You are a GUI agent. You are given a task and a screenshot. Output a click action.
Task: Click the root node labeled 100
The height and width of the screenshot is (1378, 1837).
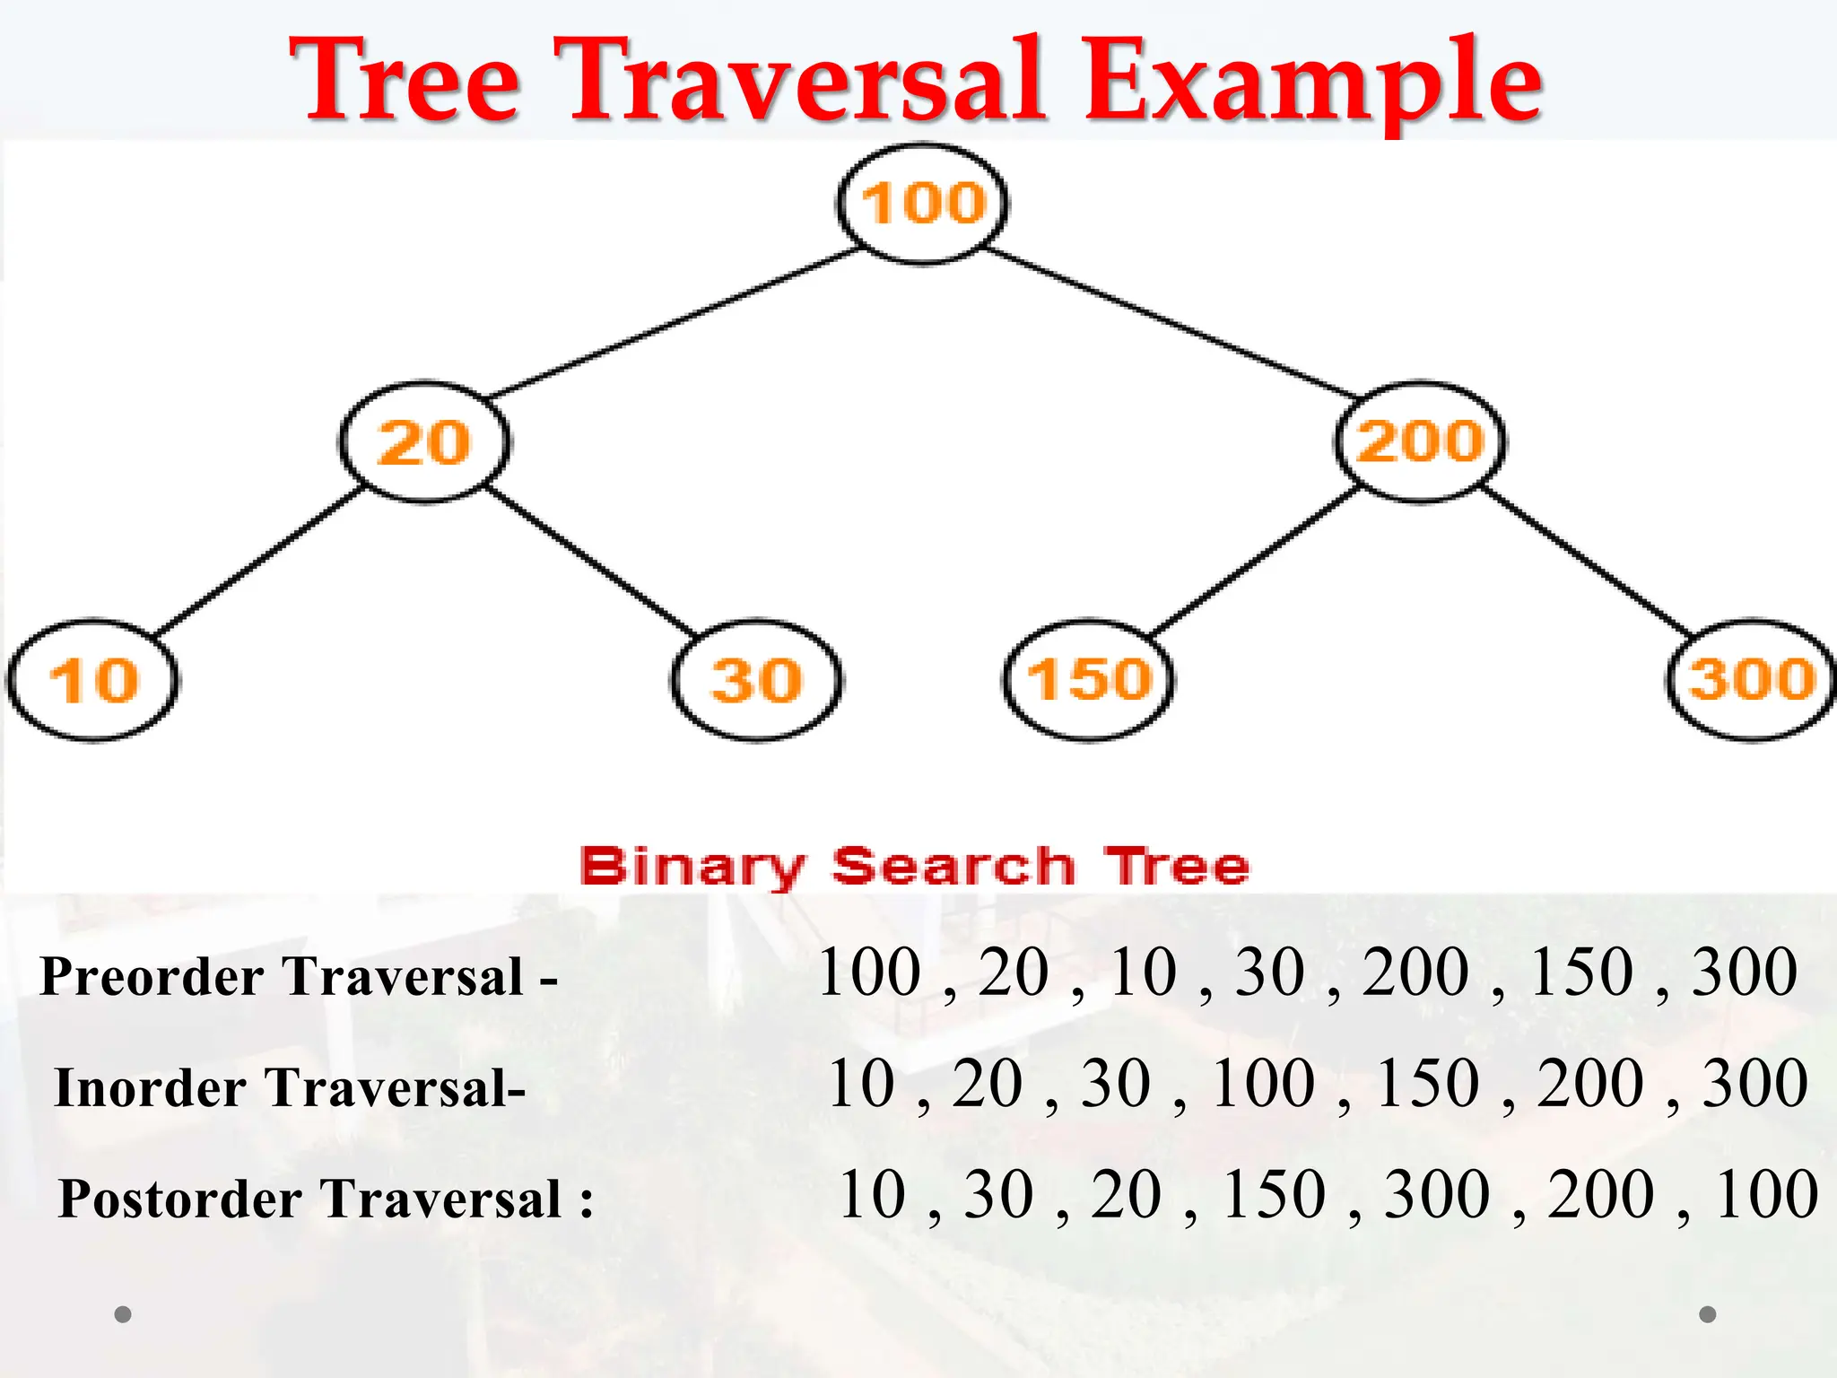pyautogui.click(x=923, y=205)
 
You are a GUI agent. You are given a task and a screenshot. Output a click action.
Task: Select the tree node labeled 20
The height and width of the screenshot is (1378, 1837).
pyautogui.click(x=424, y=442)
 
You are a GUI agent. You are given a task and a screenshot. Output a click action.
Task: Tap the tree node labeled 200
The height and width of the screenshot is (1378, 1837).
pyautogui.click(x=1421, y=441)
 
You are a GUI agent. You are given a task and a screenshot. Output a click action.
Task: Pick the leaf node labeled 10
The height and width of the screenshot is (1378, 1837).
pyautogui.click(x=93, y=680)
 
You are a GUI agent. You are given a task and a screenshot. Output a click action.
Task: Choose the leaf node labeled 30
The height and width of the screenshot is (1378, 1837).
pyautogui.click(x=756, y=680)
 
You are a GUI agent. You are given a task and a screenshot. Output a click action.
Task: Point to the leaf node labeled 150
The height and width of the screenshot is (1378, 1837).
pyautogui.click(x=1088, y=679)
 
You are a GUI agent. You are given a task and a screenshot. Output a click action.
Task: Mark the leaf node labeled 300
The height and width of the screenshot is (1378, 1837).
pyautogui.click(x=1752, y=679)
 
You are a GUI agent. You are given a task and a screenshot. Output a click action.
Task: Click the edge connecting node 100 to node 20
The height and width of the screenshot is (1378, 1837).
pyautogui.click(x=673, y=323)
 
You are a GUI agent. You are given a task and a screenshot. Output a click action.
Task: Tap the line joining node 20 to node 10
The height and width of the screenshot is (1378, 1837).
pyautogui.click(x=260, y=562)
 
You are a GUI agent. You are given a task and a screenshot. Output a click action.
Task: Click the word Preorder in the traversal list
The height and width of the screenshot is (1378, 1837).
pyautogui.click(x=152, y=977)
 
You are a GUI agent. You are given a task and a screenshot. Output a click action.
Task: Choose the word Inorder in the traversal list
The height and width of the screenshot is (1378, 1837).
pyautogui.click(x=151, y=1088)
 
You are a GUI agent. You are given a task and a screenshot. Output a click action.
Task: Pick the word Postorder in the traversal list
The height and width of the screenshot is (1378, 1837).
pyautogui.click(x=180, y=1199)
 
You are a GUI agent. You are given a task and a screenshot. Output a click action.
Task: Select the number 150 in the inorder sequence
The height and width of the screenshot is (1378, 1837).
pyautogui.click(x=1427, y=1084)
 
